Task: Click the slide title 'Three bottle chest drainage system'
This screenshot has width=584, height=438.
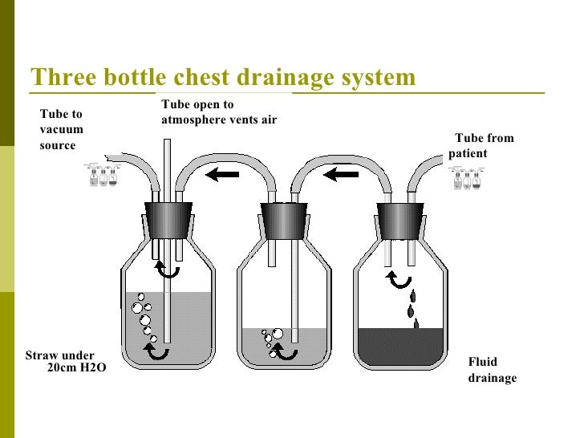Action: click(223, 79)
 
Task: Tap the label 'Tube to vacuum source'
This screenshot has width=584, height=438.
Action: click(61, 130)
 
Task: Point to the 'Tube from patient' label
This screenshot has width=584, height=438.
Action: click(481, 145)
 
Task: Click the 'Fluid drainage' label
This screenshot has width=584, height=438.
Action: click(492, 370)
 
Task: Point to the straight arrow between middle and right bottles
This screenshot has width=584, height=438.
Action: click(342, 173)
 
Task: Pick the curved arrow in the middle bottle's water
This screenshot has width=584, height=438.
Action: click(287, 351)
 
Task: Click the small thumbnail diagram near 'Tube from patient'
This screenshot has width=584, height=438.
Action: click(468, 178)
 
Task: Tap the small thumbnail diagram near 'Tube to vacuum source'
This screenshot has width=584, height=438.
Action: click(103, 176)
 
